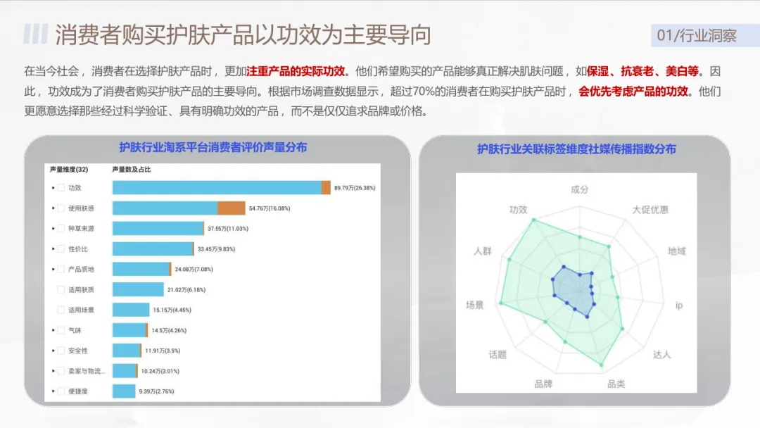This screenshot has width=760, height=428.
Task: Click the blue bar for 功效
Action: (x=217, y=188)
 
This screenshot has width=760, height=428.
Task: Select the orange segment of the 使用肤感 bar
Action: (x=232, y=208)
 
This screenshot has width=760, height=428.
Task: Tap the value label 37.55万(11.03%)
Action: (x=227, y=229)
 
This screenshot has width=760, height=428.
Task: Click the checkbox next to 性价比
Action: (x=61, y=248)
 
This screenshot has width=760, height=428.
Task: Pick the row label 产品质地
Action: (x=81, y=269)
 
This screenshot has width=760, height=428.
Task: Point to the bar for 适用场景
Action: (x=131, y=310)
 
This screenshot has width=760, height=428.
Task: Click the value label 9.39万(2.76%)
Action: (x=156, y=391)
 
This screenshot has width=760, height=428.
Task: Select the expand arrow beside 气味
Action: (x=53, y=330)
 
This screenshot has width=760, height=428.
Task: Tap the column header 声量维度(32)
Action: (x=68, y=170)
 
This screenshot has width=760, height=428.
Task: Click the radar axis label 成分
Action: (x=579, y=190)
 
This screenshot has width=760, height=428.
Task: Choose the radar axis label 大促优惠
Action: (x=650, y=210)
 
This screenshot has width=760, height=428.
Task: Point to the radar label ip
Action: (x=679, y=306)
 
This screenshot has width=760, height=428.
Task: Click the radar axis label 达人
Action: (x=661, y=355)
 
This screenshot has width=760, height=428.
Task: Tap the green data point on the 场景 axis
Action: (x=501, y=303)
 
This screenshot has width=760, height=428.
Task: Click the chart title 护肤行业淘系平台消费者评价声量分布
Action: (x=213, y=147)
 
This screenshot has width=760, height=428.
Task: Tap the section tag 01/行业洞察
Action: (x=697, y=35)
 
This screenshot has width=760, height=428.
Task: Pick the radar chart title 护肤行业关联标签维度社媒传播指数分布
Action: (x=576, y=149)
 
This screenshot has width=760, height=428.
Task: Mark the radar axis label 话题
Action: (x=498, y=355)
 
